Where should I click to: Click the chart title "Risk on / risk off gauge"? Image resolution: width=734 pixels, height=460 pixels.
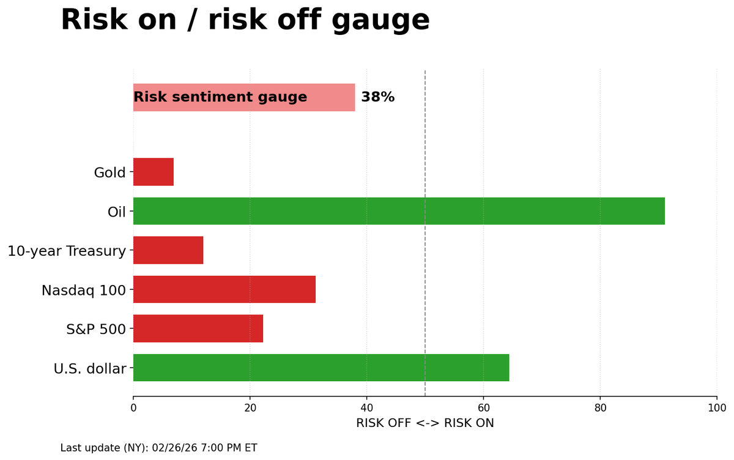click(245, 20)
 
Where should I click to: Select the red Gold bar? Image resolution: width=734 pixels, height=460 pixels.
click(154, 172)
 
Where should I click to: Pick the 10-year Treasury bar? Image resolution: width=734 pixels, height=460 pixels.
click(168, 250)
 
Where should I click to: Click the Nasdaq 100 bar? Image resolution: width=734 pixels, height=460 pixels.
click(224, 289)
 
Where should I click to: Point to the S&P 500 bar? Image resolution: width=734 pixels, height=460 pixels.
click(198, 328)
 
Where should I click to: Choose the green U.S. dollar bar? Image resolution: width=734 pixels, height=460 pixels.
click(321, 368)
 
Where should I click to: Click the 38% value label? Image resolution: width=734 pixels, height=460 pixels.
click(377, 97)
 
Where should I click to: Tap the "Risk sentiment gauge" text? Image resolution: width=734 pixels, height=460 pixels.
click(220, 97)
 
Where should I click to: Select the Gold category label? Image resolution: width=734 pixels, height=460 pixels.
click(109, 172)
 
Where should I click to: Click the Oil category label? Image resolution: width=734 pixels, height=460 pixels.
click(116, 212)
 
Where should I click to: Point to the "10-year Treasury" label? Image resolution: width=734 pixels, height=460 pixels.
click(67, 251)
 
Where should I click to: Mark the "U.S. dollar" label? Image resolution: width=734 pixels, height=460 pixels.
click(89, 369)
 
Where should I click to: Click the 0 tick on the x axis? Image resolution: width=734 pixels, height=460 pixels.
click(133, 408)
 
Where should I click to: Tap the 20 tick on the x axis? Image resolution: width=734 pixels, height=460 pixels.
click(250, 408)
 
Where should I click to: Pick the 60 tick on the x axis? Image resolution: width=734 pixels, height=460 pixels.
click(483, 408)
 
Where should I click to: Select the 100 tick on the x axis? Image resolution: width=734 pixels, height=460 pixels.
click(716, 408)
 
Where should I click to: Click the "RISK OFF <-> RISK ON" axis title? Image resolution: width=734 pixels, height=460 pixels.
click(425, 423)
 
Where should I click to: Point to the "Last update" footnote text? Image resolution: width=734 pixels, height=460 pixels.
click(158, 448)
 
